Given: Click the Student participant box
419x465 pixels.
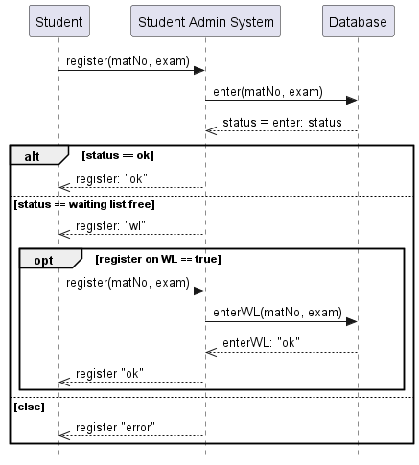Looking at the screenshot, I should pos(58,20).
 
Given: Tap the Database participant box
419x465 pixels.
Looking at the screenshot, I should pos(358,20).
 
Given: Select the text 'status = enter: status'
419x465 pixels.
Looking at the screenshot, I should pos(282,123).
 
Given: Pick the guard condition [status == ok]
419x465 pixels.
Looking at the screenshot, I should pos(118,155).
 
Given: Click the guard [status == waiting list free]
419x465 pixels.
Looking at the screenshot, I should pos(71,203).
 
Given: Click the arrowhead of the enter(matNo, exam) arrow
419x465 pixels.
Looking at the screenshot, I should pos(352,100).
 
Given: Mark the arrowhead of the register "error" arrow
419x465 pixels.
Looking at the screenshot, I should pos(64,435).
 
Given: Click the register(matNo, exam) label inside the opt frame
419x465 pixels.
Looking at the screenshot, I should pos(128,282).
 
